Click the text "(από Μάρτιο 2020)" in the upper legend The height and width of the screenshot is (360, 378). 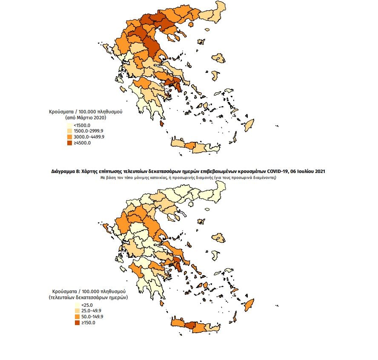tap(86, 117)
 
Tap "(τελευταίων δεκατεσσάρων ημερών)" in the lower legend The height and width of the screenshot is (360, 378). tap(88, 297)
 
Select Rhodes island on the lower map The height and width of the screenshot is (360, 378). tap(249, 304)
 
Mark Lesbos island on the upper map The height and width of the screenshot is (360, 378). tap(220, 58)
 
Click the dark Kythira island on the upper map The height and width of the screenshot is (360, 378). tap(162, 123)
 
